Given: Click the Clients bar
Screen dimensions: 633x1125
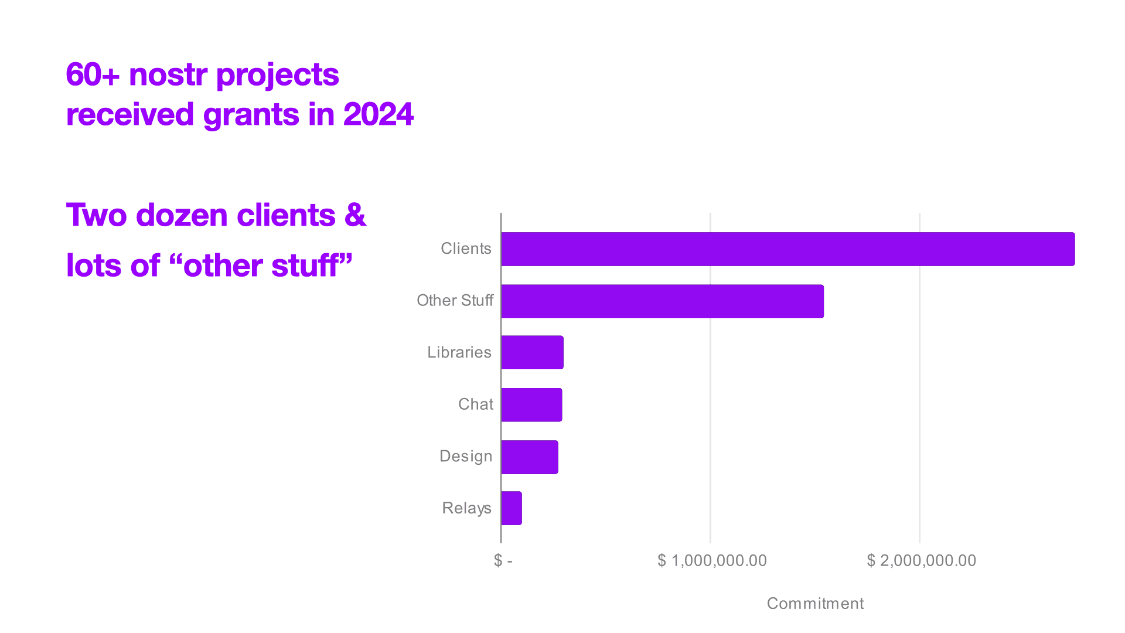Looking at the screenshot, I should pos(788,249).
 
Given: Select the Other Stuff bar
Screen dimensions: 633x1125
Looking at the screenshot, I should pos(663,301).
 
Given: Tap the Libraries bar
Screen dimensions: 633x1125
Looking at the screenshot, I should pos(532,352).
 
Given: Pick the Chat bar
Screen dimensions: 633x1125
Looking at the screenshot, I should pos(531,404).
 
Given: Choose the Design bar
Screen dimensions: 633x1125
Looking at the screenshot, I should pos(530,457).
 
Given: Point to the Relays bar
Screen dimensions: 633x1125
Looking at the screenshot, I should pos(512,508).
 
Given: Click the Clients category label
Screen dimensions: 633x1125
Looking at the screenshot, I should pos(466,249).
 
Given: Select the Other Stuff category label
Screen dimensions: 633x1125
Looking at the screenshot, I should pos(455,301).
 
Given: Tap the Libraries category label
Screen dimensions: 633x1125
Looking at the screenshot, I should pos(459,352).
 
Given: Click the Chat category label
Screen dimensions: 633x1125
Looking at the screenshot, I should pos(475,404).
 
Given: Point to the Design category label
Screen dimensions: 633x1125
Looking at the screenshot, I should pos(466,456).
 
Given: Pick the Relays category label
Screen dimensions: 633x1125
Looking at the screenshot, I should pos(466,508).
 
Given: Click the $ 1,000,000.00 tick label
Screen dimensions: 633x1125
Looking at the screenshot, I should pos(712,561).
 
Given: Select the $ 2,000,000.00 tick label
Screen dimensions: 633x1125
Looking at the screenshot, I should pos(921,561).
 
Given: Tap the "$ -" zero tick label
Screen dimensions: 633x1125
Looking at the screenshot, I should pos(503,561).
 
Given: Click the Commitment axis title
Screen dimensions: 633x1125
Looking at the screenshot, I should pos(815,604).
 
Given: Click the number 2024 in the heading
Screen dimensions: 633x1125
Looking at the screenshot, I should pos(379,114).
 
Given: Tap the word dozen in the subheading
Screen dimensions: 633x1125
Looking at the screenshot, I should pos(182,215).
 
